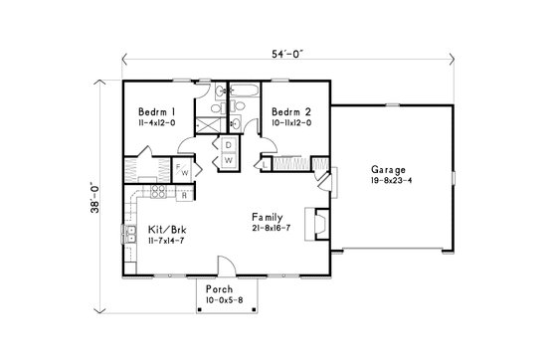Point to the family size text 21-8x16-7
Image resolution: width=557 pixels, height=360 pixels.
272,229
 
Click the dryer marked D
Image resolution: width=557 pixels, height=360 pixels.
228,145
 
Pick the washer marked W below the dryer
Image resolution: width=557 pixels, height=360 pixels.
228,159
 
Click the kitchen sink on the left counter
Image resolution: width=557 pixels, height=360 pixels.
130,236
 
